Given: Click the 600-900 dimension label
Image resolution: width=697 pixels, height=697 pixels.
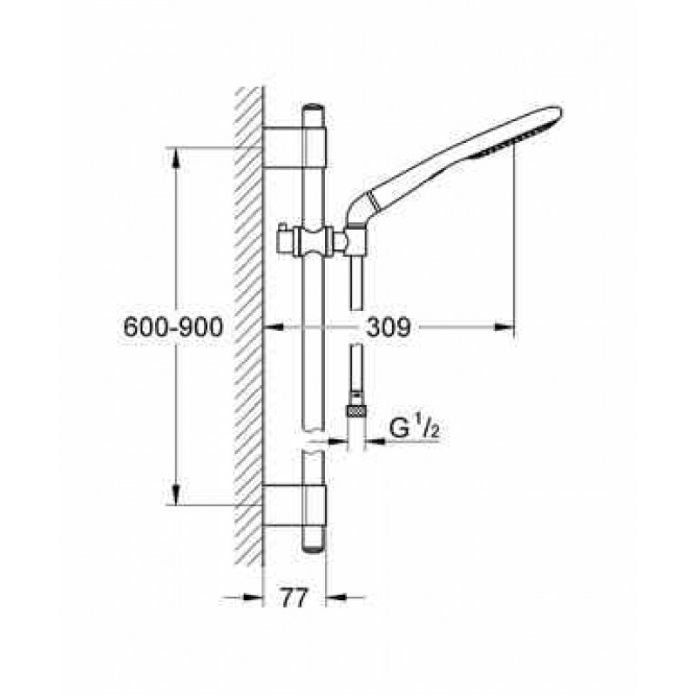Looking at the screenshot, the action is click(173, 328).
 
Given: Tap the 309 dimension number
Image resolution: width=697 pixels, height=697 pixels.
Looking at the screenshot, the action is click(388, 328).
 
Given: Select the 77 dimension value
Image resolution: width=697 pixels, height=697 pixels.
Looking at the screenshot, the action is click(294, 598).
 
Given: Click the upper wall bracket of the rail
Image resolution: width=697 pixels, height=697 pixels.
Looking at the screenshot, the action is click(294, 147).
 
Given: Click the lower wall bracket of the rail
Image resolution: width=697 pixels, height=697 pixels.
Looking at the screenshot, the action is click(294, 505).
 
